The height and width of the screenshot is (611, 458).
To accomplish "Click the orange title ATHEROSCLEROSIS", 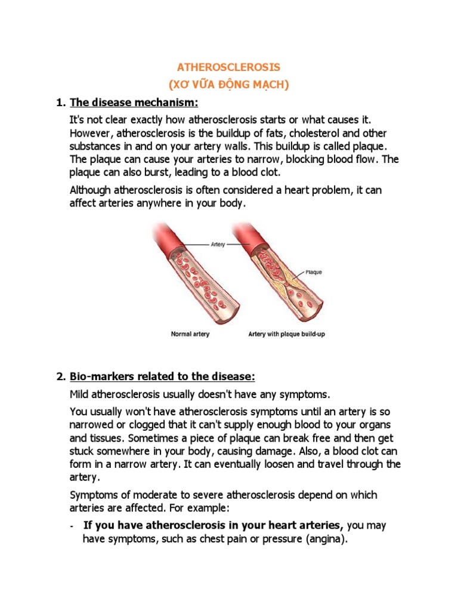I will coord(229,66).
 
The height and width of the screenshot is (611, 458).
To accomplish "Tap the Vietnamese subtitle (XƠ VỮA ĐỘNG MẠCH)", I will coord(229,85).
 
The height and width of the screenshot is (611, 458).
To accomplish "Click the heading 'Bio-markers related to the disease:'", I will coord(162,377).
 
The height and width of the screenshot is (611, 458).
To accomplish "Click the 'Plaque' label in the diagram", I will coord(314,272).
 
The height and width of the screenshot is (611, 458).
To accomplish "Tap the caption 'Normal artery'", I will coord(190,335).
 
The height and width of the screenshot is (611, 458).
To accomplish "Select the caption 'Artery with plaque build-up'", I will coord(286,335).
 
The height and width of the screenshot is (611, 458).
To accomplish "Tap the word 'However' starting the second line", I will coord(90,133).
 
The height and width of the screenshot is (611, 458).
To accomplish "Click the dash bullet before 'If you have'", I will coord(72,526).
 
